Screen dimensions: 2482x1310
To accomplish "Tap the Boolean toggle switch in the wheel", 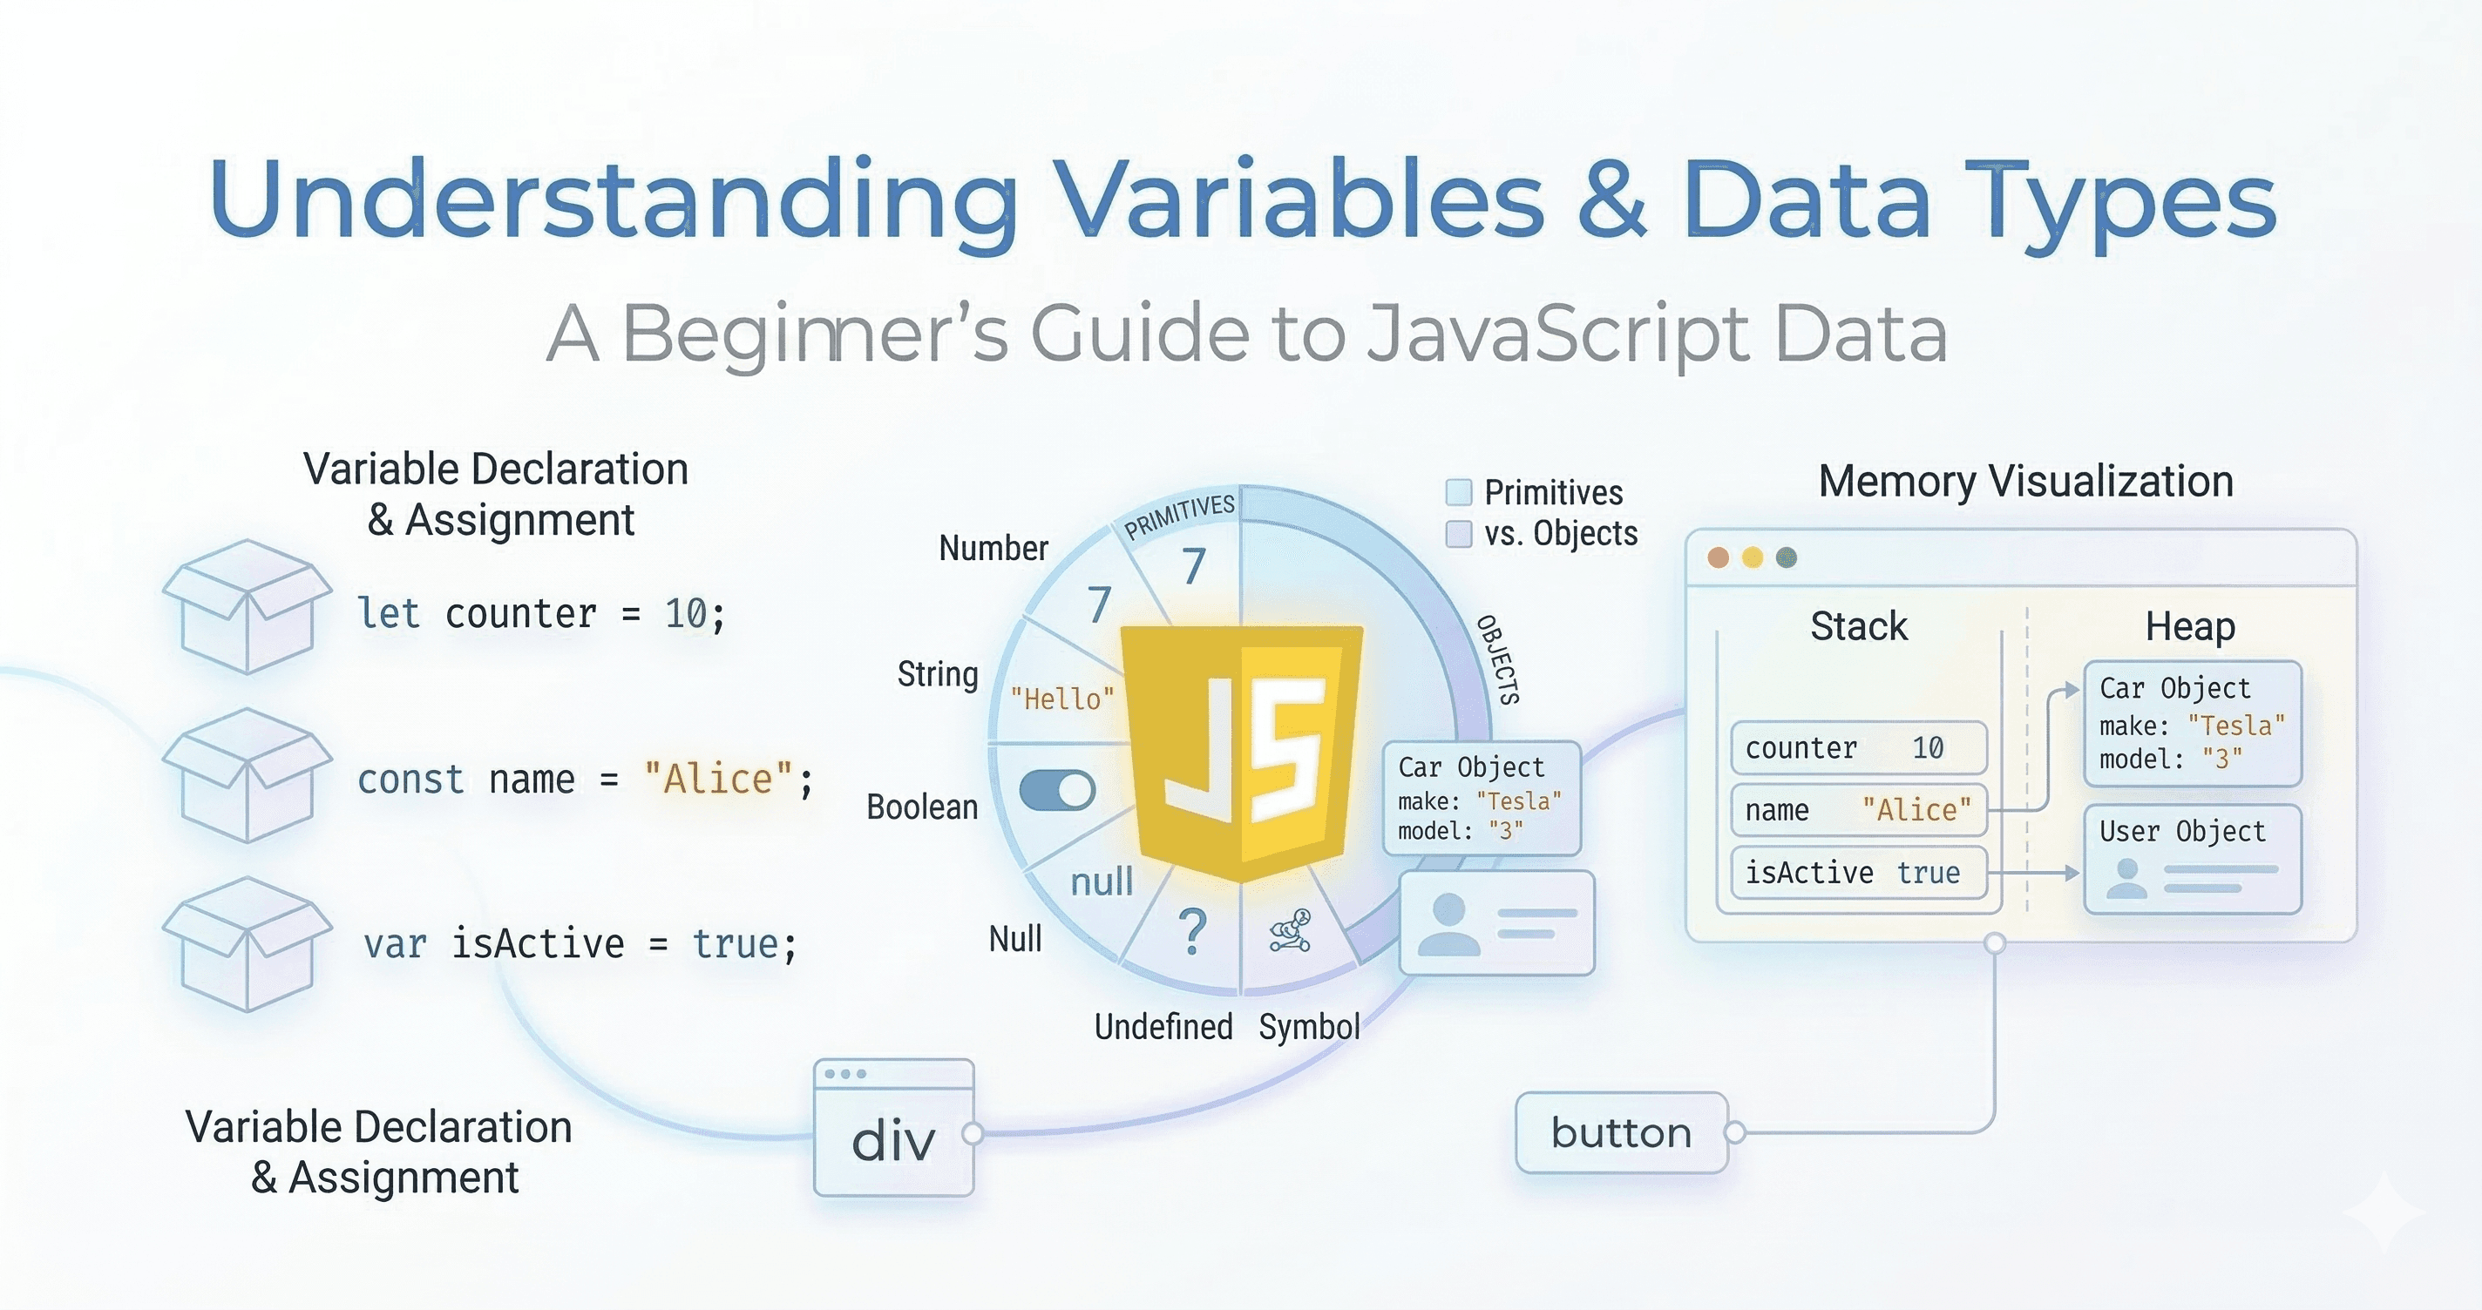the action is click(x=1057, y=791).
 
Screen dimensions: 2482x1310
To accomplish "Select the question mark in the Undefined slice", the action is click(x=1193, y=931).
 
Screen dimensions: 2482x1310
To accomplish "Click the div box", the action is click(x=894, y=1128).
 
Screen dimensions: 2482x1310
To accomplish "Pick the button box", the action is click(x=1622, y=1133).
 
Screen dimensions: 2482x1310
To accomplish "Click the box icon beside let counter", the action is click(x=247, y=606).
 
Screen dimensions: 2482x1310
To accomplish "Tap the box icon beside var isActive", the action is click(x=247, y=944).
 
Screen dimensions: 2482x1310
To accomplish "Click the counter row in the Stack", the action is click(x=1859, y=747).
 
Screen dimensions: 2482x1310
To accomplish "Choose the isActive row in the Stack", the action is click(x=1859, y=873).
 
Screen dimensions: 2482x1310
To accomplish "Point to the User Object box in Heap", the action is click(x=2193, y=859).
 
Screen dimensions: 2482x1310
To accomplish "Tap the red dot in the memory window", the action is click(x=1718, y=557).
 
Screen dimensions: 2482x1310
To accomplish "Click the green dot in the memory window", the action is click(x=1787, y=557).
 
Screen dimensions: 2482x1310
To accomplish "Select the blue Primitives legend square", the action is click(x=1459, y=492).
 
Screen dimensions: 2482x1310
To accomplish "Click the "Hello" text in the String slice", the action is click(x=1061, y=699).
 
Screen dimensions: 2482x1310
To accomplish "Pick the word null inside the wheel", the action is click(x=1102, y=881).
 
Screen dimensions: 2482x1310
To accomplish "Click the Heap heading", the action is click(x=2190, y=627).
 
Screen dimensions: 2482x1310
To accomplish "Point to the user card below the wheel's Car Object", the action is click(x=1497, y=922).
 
